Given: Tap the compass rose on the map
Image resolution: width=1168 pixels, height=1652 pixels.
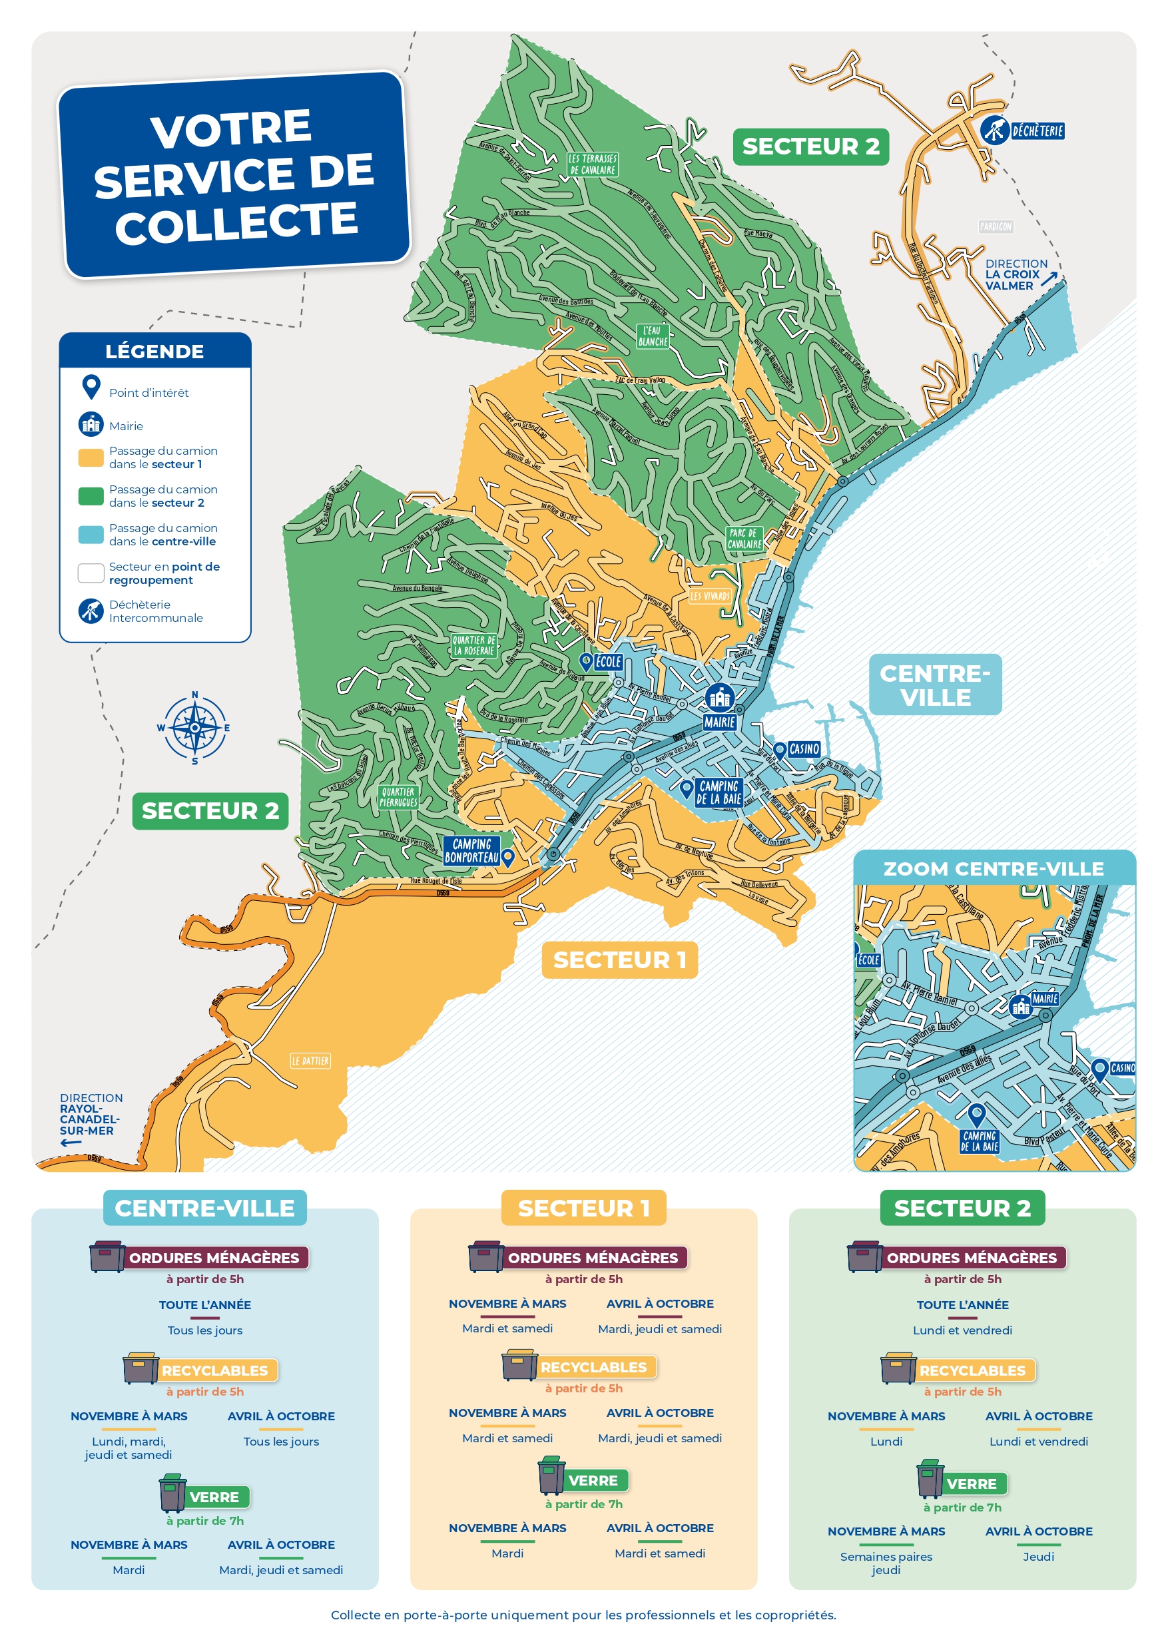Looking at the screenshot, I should click(x=194, y=727).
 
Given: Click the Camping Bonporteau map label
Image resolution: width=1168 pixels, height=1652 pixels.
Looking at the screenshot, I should click(x=471, y=850).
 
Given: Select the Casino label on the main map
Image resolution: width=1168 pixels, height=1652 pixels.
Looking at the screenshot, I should click(x=803, y=749).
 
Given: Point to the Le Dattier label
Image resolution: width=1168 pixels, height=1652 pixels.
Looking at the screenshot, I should click(x=310, y=1061).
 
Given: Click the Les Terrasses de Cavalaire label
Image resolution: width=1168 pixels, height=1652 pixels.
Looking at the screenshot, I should click(x=592, y=164).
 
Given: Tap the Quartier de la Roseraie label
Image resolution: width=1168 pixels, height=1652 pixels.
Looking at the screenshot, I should click(x=473, y=645).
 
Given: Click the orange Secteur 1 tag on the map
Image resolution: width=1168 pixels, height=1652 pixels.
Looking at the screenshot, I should click(x=619, y=960).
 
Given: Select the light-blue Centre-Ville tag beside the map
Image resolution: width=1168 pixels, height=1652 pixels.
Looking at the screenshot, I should click(x=935, y=685).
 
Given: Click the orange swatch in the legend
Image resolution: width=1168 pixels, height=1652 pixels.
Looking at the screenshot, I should click(x=91, y=457).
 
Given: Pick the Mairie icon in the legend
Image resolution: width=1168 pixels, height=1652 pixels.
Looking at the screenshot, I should click(x=91, y=425).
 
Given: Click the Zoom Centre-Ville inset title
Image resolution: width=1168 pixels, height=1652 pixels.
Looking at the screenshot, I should click(x=993, y=868).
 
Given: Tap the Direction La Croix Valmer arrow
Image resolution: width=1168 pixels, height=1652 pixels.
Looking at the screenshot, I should click(x=1049, y=278).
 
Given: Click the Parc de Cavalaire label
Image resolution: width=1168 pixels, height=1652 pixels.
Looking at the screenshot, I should click(x=743, y=538).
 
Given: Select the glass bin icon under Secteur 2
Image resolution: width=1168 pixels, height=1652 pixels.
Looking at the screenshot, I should click(x=929, y=1480).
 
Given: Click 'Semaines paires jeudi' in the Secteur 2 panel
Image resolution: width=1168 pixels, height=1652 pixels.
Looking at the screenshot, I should click(x=886, y=1563).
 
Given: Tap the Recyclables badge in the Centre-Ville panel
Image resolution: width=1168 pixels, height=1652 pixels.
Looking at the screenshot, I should click(x=214, y=1370).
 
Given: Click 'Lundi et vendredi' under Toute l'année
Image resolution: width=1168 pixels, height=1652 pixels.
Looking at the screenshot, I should click(x=962, y=1330).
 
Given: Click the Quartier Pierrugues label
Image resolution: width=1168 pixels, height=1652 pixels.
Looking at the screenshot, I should click(x=398, y=796).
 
